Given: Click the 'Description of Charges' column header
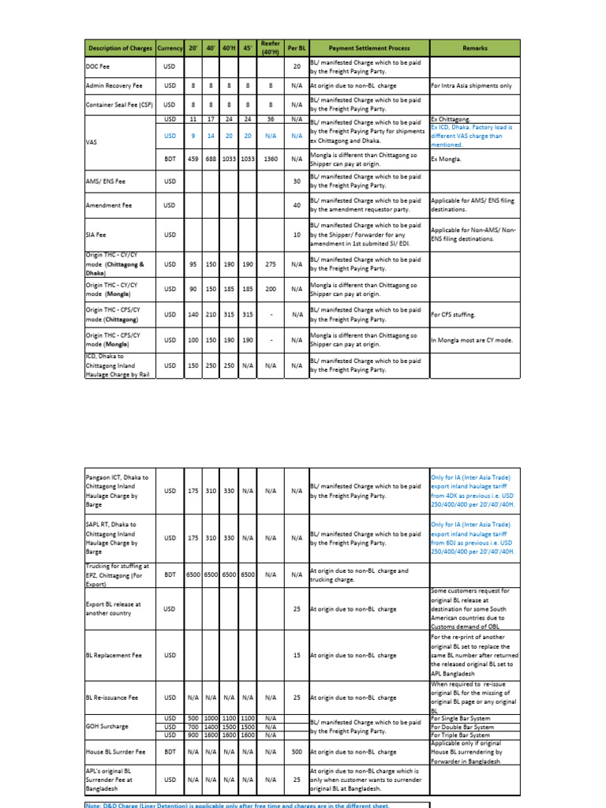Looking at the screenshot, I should click(x=120, y=48).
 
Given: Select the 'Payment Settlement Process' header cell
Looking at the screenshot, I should click(x=368, y=48).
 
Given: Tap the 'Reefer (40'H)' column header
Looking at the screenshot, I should click(x=271, y=48).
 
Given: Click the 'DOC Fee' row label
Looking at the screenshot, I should click(x=97, y=67).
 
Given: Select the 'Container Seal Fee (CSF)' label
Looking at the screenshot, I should click(x=118, y=105).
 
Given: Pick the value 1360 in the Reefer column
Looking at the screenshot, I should click(x=271, y=159).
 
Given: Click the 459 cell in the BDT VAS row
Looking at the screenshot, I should click(x=193, y=159).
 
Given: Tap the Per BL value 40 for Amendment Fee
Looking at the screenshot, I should click(x=297, y=205).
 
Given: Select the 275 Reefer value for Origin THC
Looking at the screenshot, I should click(x=271, y=264).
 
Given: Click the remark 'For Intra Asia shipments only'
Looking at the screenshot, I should click(x=471, y=85).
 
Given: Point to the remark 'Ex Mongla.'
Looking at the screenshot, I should click(x=447, y=159).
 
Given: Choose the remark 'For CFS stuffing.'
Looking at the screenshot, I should click(x=453, y=315).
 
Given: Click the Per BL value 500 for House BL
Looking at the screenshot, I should click(x=297, y=753).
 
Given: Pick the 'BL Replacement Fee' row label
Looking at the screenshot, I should click(x=112, y=656).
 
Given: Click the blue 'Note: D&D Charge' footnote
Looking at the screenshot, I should click(x=237, y=805).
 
